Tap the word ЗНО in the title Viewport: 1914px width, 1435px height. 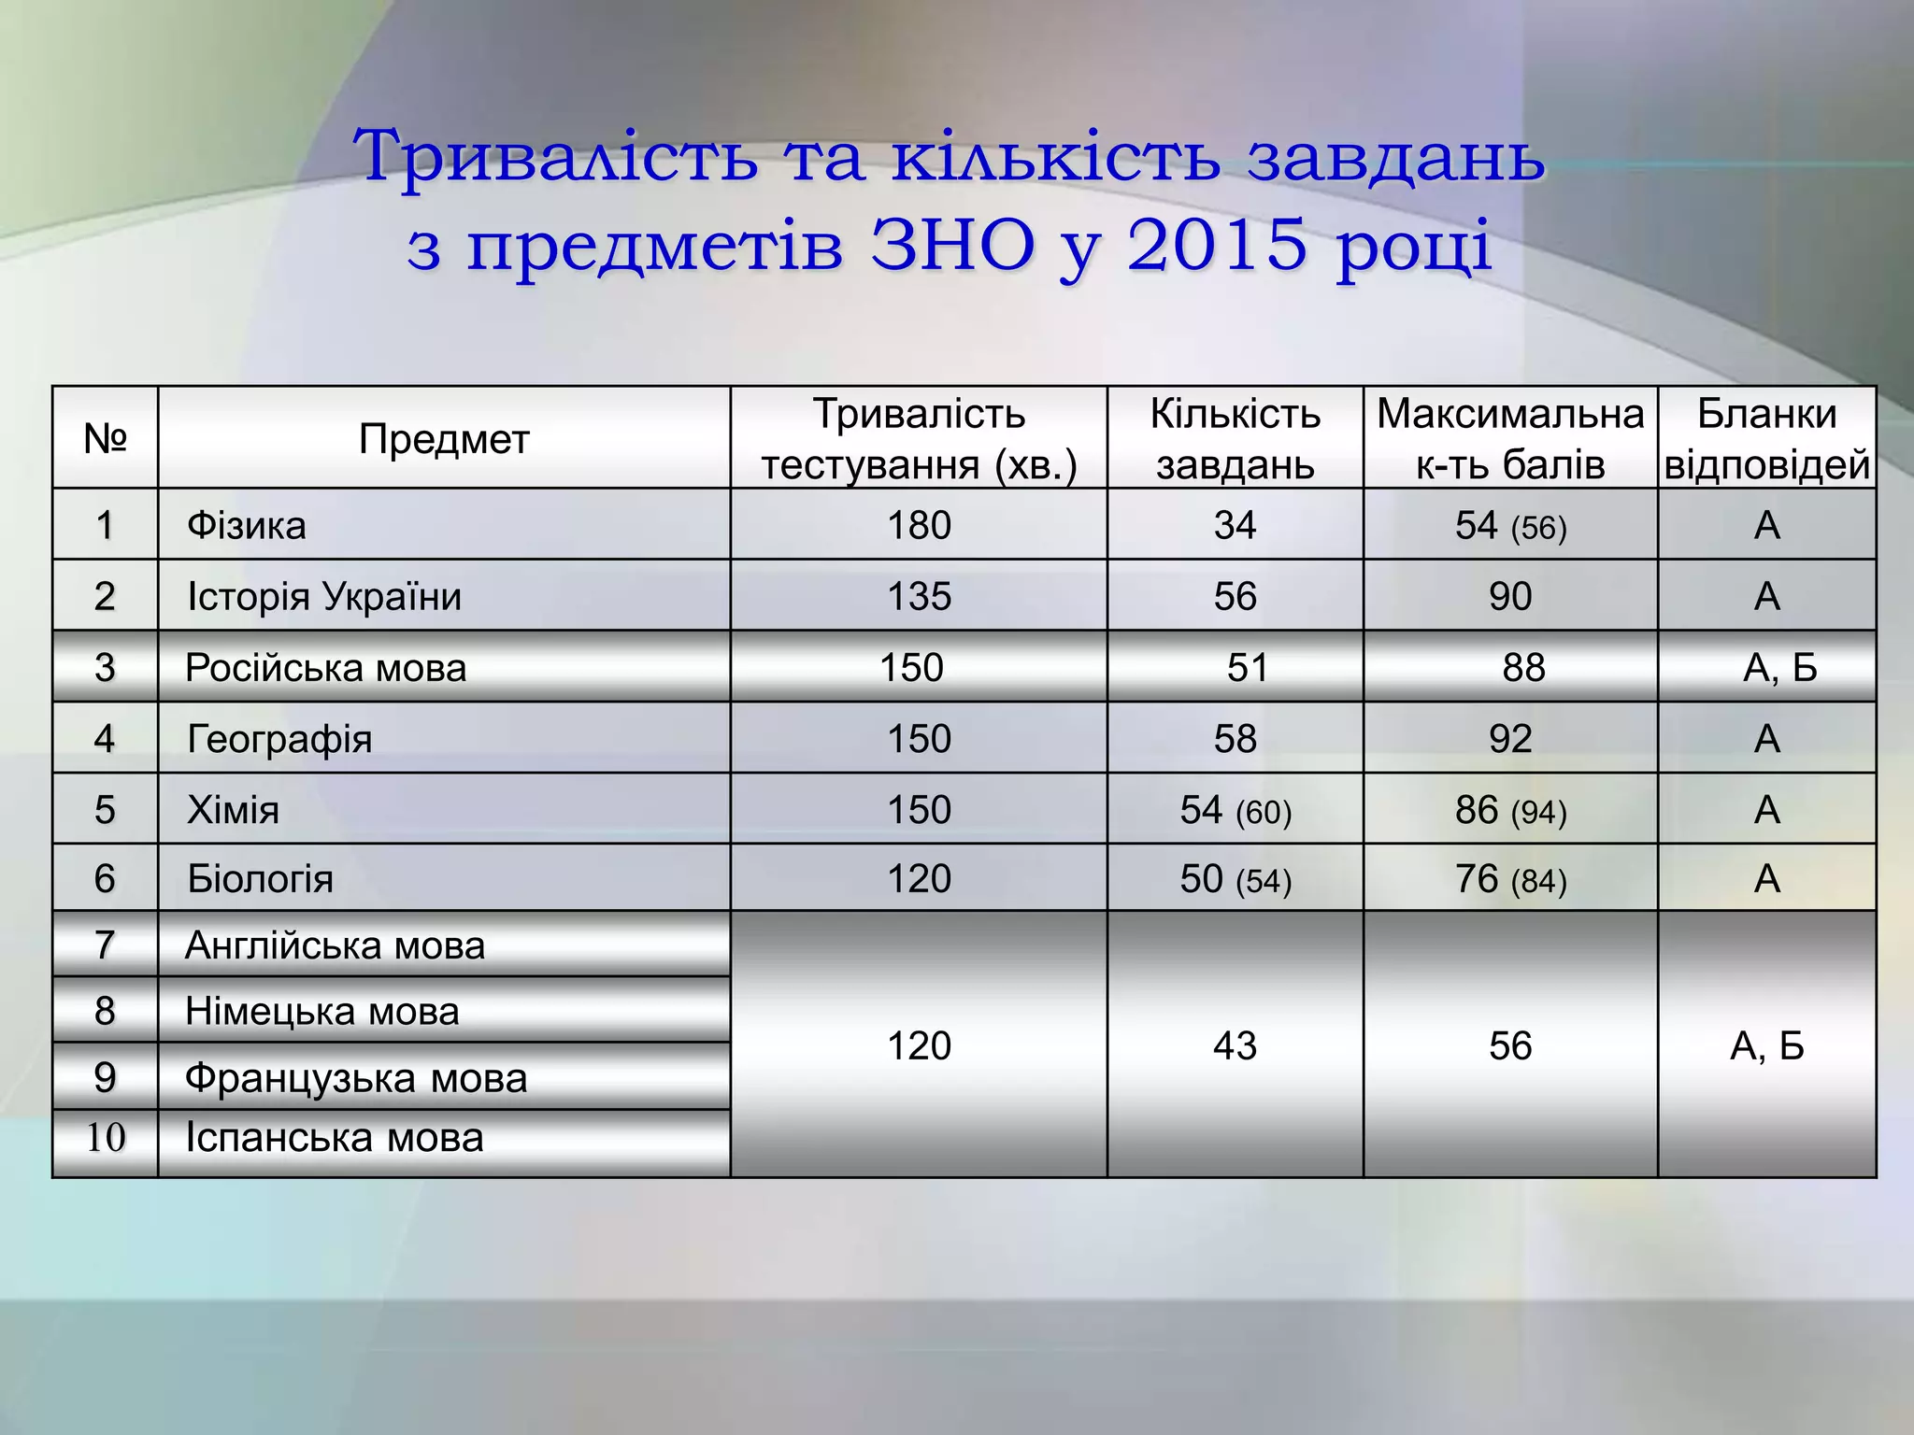click(x=952, y=246)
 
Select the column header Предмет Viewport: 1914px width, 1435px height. click(x=444, y=438)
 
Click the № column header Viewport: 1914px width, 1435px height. click(x=105, y=438)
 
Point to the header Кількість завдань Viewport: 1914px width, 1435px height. click(x=1235, y=438)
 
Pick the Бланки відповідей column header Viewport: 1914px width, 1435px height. click(x=1766, y=438)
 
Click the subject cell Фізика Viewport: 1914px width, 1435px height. click(x=247, y=525)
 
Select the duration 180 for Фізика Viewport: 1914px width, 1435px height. click(x=919, y=525)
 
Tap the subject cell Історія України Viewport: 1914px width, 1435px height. click(x=324, y=596)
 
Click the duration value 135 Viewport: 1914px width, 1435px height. click(x=919, y=596)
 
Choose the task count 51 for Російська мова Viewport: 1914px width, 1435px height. click(x=1248, y=667)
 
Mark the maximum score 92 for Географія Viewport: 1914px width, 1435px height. click(x=1510, y=739)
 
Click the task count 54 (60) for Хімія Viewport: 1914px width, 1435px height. click(x=1235, y=810)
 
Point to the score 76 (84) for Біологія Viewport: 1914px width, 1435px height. click(x=1510, y=879)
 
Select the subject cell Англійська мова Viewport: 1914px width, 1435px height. click(x=335, y=945)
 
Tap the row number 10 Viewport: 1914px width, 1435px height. click(x=105, y=1138)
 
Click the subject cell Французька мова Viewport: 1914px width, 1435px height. click(x=356, y=1078)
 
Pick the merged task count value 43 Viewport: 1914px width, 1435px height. click(x=1235, y=1045)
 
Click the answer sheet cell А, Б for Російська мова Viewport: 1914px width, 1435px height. click(x=1779, y=667)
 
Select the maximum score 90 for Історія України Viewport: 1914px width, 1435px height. click(x=1510, y=596)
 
